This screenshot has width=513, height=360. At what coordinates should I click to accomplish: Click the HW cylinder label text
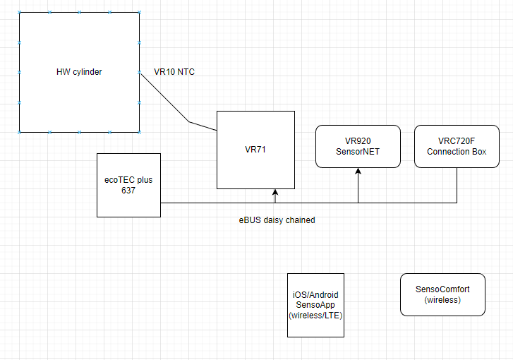coord(79,71)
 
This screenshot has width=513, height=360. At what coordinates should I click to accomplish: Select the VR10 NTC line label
coord(174,71)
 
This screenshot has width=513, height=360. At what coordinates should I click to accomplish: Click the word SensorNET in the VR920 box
coord(358,152)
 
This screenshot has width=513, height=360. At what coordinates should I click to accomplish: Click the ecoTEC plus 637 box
coord(129,185)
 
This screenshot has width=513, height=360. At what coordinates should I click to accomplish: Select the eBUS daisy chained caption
coord(277,220)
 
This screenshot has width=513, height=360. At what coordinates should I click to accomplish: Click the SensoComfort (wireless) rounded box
coord(442,294)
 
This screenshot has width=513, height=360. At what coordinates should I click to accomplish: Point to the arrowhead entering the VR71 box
coord(275,192)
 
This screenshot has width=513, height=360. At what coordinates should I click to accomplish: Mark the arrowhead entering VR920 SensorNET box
coord(358,171)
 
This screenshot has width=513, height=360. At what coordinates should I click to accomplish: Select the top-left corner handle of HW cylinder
coord(20,12)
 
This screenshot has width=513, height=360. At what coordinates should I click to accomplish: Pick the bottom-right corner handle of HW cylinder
coord(140,132)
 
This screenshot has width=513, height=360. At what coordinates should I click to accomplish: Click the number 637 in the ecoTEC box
coord(128,191)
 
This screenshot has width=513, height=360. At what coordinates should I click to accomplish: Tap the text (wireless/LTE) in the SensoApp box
coord(315,315)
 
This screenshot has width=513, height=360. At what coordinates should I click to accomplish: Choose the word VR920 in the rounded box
coord(358,141)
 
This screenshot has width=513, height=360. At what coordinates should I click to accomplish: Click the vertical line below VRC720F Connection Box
coord(457,185)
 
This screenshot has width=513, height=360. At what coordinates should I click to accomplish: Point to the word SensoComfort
coord(442,289)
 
